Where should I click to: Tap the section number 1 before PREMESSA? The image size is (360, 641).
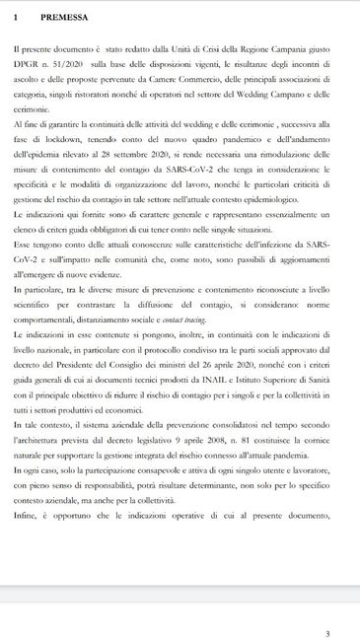pos(16,18)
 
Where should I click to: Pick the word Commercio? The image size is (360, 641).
pos(178,85)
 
